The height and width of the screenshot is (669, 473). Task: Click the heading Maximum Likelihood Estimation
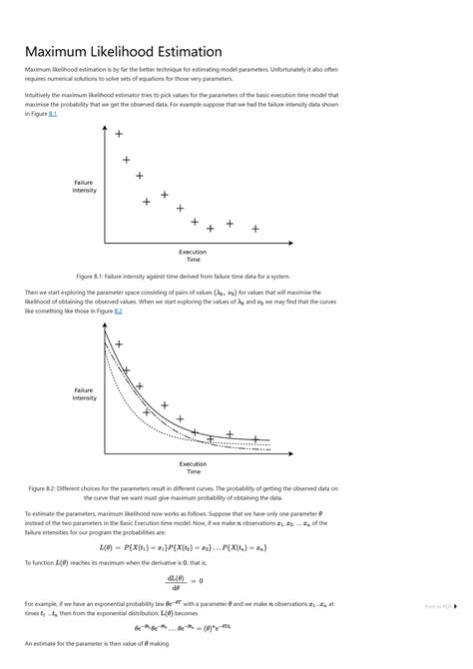(123, 51)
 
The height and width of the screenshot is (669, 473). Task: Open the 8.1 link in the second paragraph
(53, 114)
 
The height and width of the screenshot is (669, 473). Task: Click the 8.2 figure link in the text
(118, 311)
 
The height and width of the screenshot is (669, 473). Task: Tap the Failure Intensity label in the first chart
(84, 186)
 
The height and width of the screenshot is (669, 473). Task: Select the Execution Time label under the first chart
(193, 256)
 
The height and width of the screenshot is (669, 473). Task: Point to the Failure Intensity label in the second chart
(84, 393)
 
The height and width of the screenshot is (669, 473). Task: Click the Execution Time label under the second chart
(193, 467)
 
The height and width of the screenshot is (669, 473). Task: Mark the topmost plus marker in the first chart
(119, 134)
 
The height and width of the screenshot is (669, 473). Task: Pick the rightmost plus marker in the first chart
(255, 229)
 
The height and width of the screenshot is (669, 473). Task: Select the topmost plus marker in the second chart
(119, 343)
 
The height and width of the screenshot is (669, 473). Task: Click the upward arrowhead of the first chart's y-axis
(105, 127)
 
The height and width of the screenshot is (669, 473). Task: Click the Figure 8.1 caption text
(183, 276)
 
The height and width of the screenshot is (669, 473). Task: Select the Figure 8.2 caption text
(183, 492)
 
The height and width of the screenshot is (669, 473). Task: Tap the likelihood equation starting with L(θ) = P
(184, 547)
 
